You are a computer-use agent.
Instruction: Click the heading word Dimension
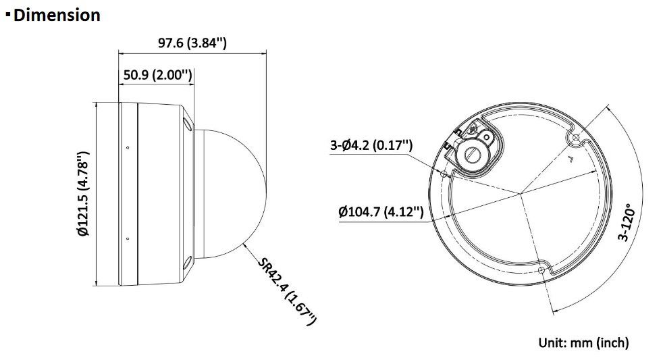[x=57, y=16]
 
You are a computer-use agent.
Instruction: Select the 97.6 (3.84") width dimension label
[x=192, y=43]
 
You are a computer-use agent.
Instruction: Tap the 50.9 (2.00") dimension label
[x=158, y=75]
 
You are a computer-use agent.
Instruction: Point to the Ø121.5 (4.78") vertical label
[x=83, y=193]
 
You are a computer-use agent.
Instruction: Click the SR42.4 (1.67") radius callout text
[x=287, y=292]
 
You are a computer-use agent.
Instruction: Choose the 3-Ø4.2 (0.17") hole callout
[x=371, y=145]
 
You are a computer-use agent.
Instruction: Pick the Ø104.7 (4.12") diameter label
[x=381, y=211]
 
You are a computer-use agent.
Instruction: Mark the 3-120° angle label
[x=627, y=222]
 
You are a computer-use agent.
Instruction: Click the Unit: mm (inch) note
[x=583, y=342]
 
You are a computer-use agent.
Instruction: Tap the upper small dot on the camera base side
[x=128, y=148]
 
